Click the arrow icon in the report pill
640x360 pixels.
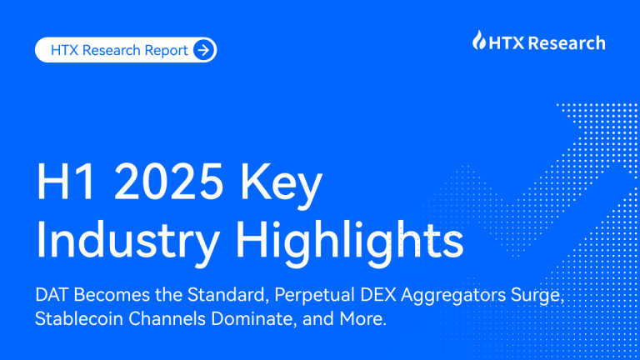203,50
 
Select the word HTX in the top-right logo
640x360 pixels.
504,42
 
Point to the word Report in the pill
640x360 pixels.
166,50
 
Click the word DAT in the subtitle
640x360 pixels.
52,296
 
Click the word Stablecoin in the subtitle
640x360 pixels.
76,320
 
